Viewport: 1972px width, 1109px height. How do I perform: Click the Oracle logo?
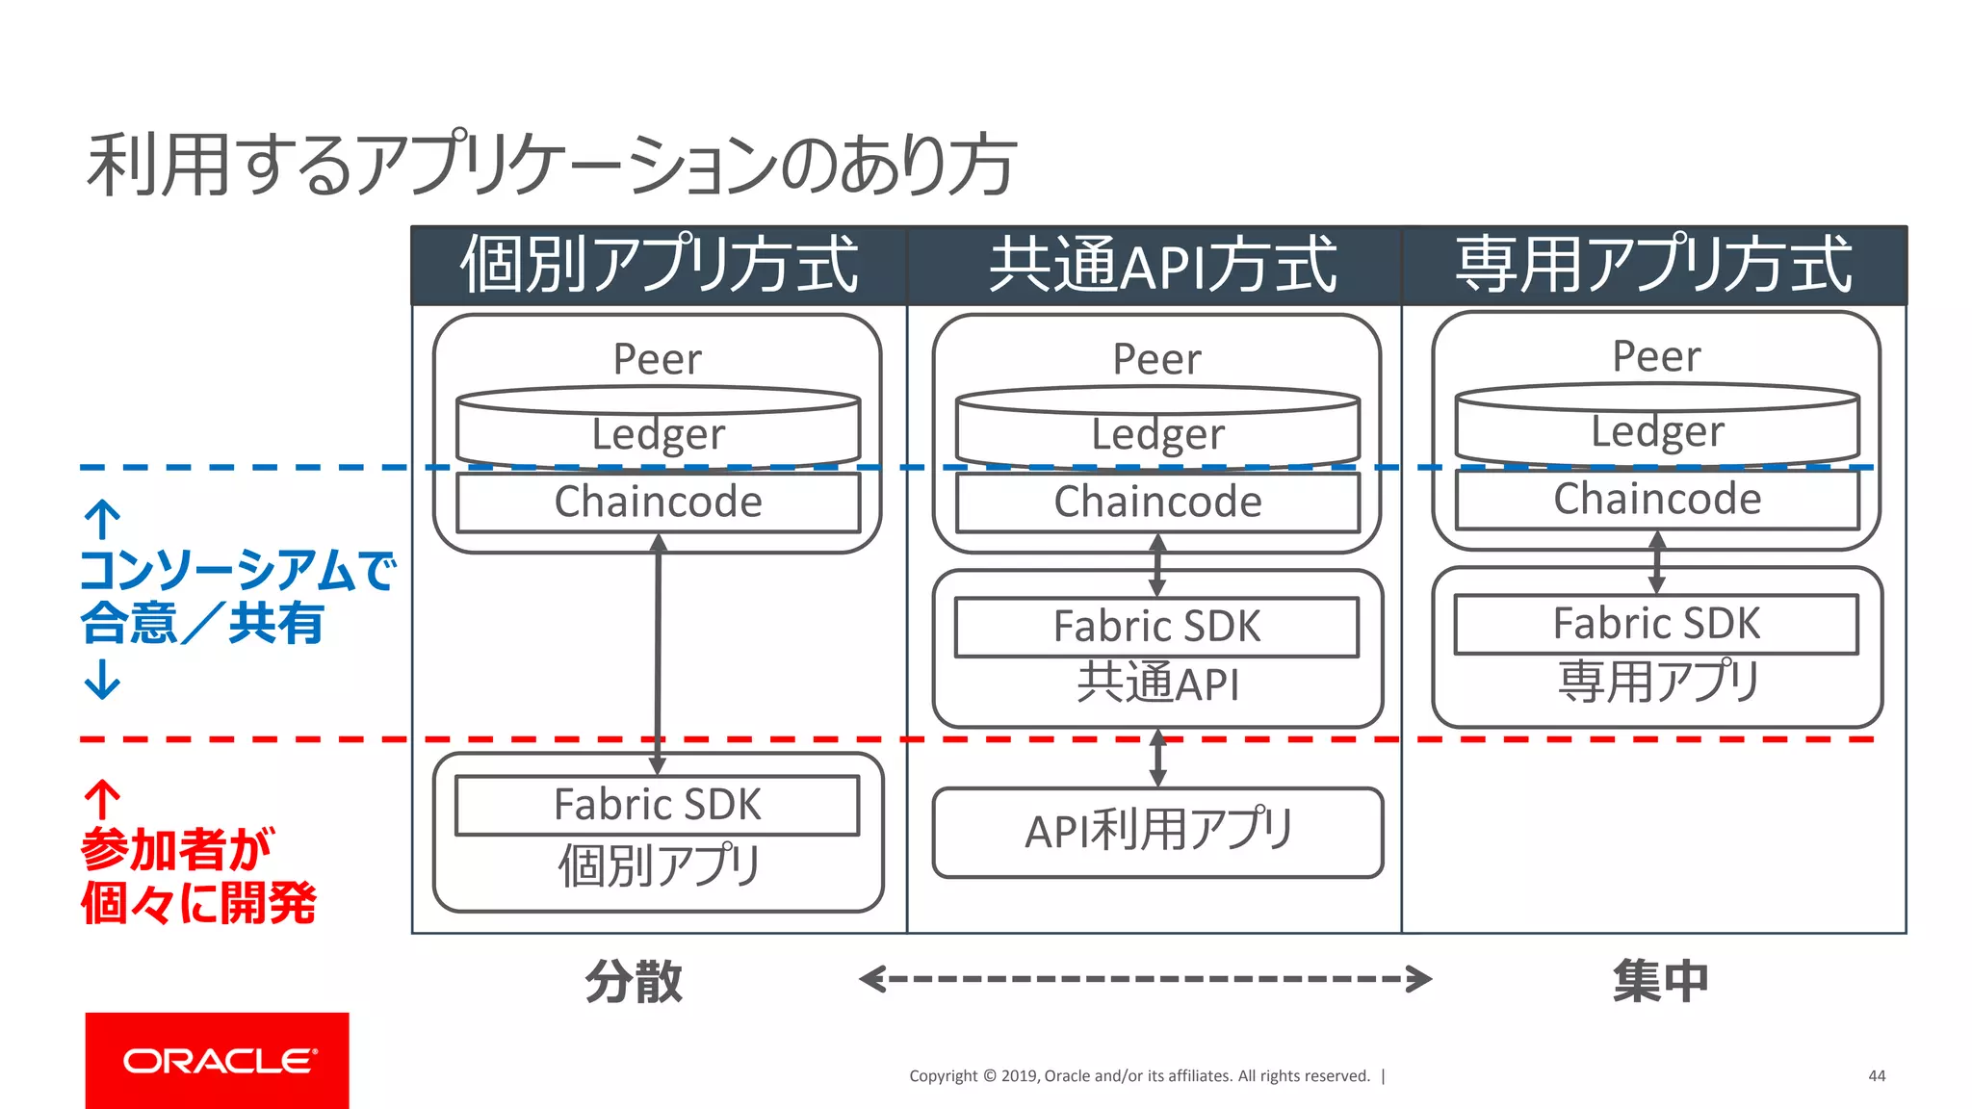pos(217,1060)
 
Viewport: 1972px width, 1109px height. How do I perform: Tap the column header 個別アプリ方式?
pos(659,266)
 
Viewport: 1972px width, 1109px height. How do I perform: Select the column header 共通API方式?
pos(1161,266)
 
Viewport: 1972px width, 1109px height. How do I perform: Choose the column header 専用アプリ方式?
pos(1653,266)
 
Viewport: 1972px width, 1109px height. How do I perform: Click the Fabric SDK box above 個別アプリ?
pos(657,805)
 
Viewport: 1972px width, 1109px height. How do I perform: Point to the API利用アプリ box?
pos(1157,832)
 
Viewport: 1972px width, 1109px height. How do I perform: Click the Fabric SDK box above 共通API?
pos(1156,627)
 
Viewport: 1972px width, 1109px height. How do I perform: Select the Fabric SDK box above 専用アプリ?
pos(1656,624)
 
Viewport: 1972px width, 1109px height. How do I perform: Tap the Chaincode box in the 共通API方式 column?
pos(1157,502)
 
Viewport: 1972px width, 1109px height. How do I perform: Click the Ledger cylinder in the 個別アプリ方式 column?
pos(658,430)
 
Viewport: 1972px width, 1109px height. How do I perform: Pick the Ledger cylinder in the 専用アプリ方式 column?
pos(1657,427)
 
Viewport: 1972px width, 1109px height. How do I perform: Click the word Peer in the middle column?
pos(1156,359)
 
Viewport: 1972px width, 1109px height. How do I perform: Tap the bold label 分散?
pos(634,981)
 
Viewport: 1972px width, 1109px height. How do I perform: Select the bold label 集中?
pos(1660,981)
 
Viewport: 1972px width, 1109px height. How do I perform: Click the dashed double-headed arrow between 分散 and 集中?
pos(1145,979)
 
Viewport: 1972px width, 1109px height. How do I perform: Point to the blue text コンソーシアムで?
pos(236,570)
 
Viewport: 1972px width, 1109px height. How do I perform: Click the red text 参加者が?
pos(177,849)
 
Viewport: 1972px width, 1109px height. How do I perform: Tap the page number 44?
pos(1876,1075)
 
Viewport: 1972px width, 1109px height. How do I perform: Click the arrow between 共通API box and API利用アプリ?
pos(1158,759)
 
